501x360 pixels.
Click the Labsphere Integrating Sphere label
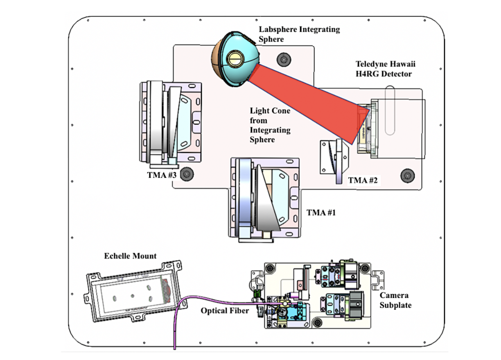299,34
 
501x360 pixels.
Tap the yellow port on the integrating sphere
235,59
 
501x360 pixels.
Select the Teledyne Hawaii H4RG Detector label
385,69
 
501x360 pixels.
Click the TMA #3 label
162,175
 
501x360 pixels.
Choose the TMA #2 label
363,180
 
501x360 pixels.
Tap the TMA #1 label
321,212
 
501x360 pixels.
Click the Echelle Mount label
130,256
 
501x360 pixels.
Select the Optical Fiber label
225,310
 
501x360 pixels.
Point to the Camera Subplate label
395,300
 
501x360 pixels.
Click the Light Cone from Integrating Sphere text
270,125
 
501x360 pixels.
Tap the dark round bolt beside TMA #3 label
187,174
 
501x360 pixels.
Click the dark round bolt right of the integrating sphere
284,59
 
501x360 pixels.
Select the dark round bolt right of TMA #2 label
407,176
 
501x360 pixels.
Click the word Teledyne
370,64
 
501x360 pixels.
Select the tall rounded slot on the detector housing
390,110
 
